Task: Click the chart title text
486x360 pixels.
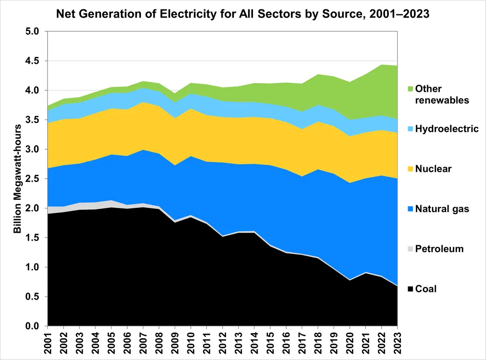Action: tap(243, 14)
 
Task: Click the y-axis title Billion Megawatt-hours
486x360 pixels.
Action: tap(18, 179)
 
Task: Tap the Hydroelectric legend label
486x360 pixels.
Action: tap(447, 129)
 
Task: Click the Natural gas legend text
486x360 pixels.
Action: tap(442, 208)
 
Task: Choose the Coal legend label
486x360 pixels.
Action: tap(426, 289)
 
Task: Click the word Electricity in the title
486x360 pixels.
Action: tap(188, 14)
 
